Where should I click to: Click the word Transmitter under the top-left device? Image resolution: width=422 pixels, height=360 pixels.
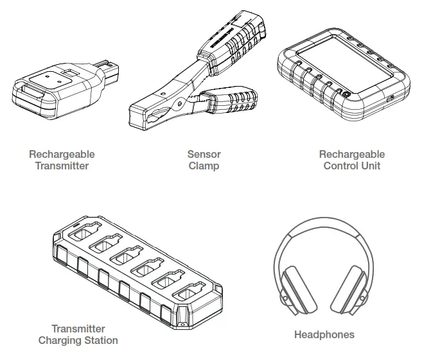62,166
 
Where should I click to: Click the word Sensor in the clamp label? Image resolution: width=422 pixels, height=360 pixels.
204,154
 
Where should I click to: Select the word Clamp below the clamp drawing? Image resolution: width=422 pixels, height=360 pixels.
204,166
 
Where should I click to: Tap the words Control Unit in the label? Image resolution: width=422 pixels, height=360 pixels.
352,166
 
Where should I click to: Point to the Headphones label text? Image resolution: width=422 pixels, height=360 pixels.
324,334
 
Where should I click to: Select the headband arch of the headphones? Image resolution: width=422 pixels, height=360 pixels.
324,230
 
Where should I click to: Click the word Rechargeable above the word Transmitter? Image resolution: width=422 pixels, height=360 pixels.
62,154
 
